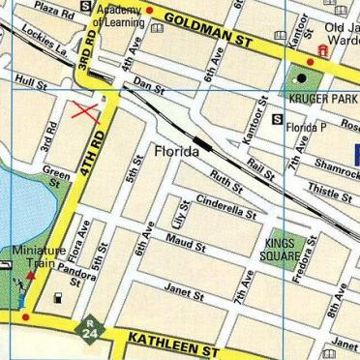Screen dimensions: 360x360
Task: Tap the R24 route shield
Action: pyautogui.click(x=90, y=329)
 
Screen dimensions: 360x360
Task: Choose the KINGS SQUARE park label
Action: pyautogui.click(x=280, y=251)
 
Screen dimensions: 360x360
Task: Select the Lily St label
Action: pyautogui.click(x=179, y=211)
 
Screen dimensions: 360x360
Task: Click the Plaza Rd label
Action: pyautogui.click(x=53, y=11)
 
